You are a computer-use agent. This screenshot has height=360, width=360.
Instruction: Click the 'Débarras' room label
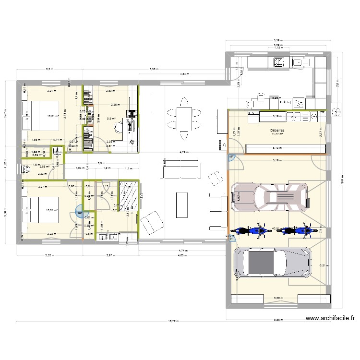pos(276,129)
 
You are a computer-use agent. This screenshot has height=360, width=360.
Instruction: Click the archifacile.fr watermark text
pos(331,318)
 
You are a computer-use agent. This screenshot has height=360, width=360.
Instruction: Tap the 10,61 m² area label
pos(53,116)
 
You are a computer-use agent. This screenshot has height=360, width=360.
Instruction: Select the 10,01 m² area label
pos(52,210)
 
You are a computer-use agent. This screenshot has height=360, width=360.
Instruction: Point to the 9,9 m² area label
pos(111,118)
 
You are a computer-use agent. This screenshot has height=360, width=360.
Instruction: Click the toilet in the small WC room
pos(26,168)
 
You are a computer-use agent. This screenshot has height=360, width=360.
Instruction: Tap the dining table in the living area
pos(183,116)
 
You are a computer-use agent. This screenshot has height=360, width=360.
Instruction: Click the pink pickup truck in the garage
pos(269,197)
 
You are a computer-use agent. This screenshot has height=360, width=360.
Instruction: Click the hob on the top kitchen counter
pos(278,61)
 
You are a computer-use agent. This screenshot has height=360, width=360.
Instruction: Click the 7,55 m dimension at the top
pos(153,70)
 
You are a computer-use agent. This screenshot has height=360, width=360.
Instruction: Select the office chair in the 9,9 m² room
pos(118,126)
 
